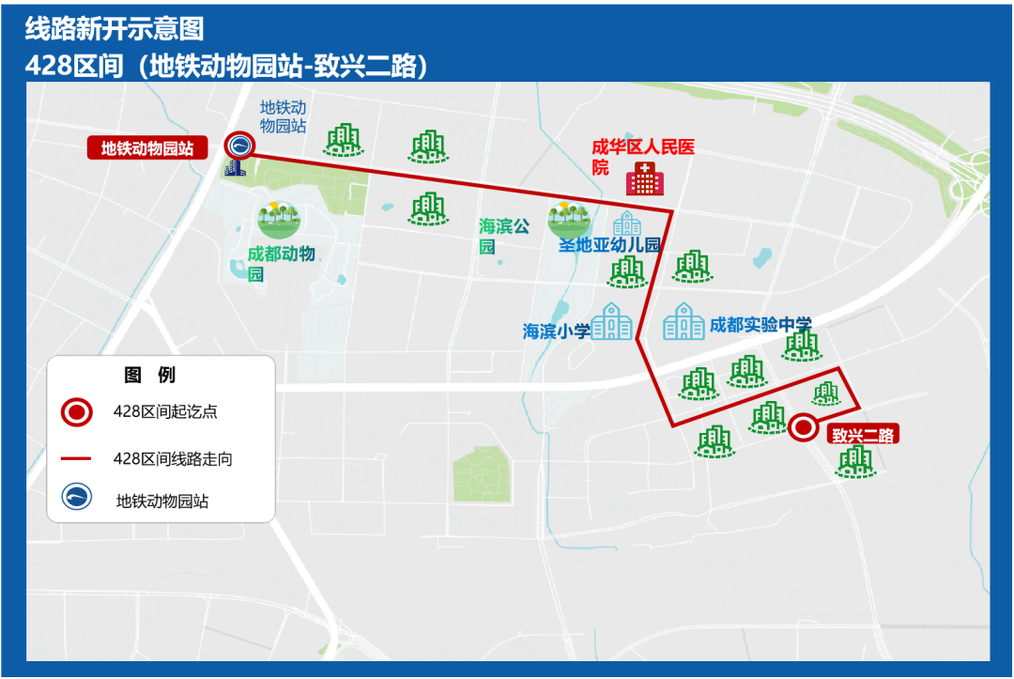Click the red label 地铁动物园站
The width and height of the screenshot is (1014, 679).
click(147, 148)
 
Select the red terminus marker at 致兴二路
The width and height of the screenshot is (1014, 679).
click(803, 428)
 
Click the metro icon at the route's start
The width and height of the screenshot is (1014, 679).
click(240, 145)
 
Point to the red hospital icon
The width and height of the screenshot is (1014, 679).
click(644, 178)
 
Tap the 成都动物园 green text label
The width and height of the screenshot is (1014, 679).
click(281, 263)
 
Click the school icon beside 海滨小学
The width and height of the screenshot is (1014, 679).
click(611, 322)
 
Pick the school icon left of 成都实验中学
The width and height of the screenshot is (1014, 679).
click(684, 322)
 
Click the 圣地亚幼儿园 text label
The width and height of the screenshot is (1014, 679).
click(610, 245)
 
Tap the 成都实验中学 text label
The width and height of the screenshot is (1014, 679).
click(760, 324)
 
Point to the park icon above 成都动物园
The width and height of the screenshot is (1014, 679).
click(279, 219)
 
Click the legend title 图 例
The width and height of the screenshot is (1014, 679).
click(150, 376)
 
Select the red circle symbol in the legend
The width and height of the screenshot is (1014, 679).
click(77, 411)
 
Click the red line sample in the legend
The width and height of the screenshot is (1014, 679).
click(77, 459)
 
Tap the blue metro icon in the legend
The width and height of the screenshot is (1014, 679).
click(77, 497)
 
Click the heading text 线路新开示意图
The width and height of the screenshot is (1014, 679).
click(114, 29)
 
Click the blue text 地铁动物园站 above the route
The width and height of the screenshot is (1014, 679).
click(284, 116)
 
